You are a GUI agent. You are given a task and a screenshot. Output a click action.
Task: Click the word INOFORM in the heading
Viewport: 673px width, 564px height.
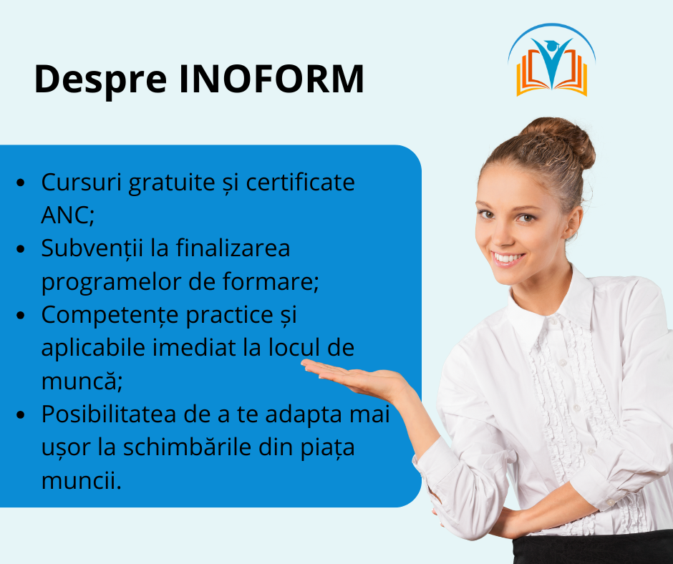click(271, 79)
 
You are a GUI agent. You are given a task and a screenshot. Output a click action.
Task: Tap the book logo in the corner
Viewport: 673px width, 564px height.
click(551, 59)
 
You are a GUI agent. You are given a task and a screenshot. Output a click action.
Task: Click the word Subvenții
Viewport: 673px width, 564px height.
click(92, 248)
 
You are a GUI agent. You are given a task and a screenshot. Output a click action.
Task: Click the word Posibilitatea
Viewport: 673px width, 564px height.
click(109, 414)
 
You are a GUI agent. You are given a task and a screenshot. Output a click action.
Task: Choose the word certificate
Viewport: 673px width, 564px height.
click(300, 182)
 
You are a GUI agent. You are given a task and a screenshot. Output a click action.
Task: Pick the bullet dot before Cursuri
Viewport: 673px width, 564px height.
click(21, 183)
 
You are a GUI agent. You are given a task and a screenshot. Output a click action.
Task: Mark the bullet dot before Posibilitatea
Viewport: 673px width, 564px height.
click(21, 414)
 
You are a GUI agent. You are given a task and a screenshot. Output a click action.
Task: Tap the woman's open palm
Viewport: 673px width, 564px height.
click(352, 374)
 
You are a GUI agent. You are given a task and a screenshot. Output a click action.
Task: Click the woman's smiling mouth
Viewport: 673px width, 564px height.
click(508, 259)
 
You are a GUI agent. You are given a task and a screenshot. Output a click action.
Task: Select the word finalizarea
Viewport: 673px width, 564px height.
click(233, 248)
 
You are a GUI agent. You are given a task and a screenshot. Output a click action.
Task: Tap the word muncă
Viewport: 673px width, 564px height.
click(82, 380)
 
